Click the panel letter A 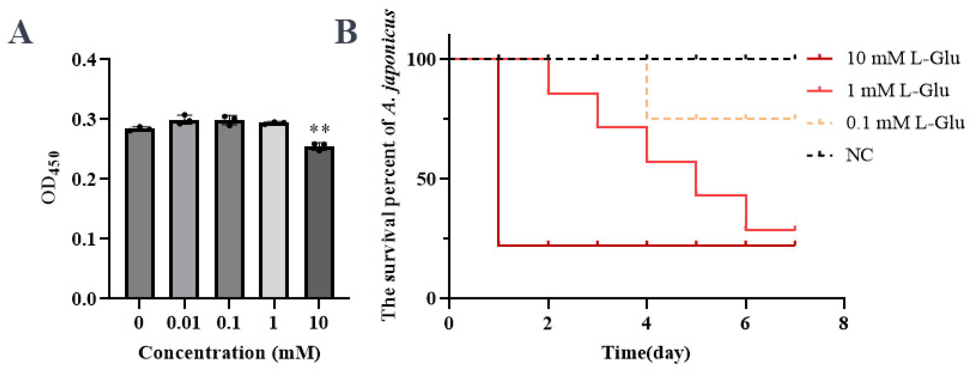[21, 33]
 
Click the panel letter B [346, 33]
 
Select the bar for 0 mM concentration [139, 213]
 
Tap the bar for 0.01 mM [184, 209]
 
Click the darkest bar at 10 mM [319, 222]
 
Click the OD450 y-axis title [51, 178]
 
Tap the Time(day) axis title [646, 353]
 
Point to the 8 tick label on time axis [843, 324]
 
